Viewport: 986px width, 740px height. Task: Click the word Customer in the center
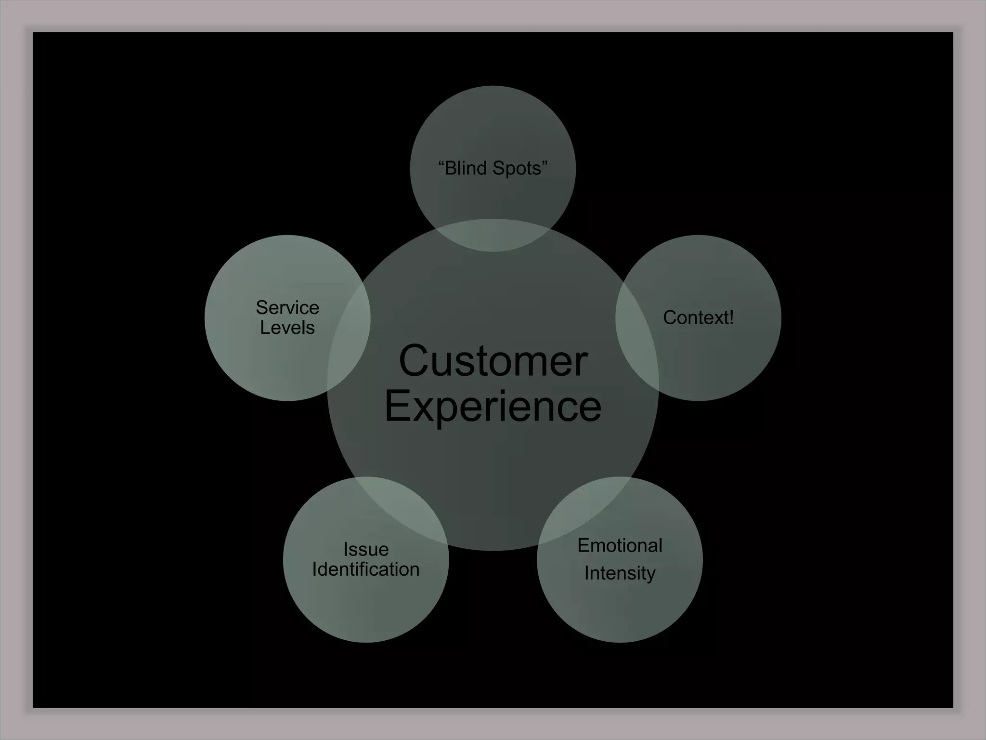[493, 361]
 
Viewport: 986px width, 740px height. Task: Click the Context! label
[698, 317]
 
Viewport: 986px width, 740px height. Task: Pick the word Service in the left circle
[287, 307]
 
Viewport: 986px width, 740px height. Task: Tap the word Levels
[287, 328]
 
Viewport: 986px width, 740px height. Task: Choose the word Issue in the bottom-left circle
[366, 549]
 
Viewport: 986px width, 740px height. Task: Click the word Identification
[366, 569]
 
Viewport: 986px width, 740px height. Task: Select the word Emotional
[620, 545]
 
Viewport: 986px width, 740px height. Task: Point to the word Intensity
[620, 573]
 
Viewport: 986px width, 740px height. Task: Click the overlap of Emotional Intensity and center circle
[585, 511]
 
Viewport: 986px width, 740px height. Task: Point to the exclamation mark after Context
[731, 317]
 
